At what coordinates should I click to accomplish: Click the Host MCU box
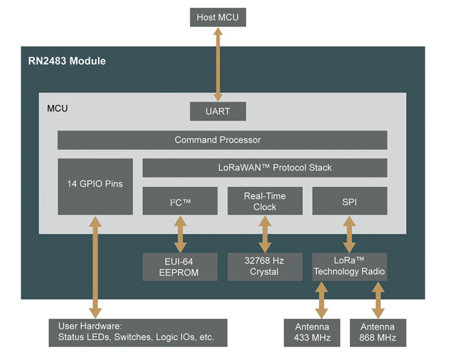tap(218, 17)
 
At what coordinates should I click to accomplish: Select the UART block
tap(218, 111)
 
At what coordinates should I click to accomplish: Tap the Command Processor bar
tap(222, 140)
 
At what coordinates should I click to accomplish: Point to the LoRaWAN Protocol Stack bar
tap(265, 168)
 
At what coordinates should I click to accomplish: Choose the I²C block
tap(180, 201)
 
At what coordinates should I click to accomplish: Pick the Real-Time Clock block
tap(265, 201)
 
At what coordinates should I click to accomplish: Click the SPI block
tap(349, 201)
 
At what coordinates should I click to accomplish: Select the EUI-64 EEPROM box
tap(180, 266)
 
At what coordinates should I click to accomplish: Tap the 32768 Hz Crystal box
tap(265, 266)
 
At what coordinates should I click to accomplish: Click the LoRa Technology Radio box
tap(349, 266)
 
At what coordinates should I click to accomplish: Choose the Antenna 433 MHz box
tap(313, 332)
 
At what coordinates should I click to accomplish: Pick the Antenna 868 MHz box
tap(378, 332)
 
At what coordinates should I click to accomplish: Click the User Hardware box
tap(138, 332)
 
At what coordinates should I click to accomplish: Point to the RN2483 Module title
tap(67, 62)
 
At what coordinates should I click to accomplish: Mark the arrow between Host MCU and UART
tap(218, 64)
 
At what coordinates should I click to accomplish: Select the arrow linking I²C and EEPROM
tap(180, 234)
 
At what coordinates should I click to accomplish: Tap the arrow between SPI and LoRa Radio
tap(349, 234)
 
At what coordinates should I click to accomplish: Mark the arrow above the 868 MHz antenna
tap(378, 299)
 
